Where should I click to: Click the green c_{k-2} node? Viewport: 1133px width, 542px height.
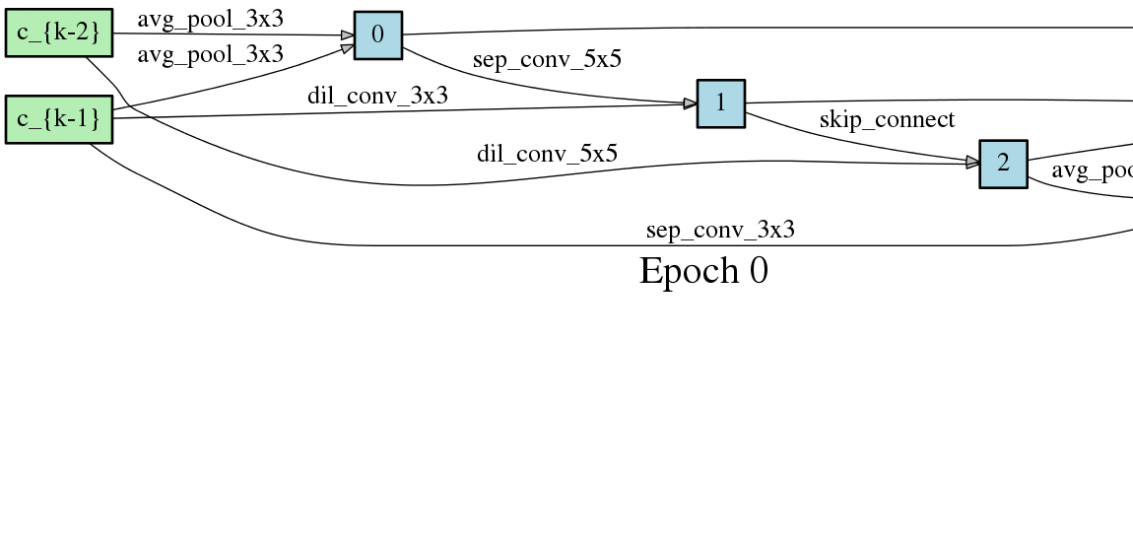tap(59, 34)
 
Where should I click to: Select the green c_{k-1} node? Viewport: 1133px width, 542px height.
tap(59, 119)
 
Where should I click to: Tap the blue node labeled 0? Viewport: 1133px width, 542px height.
tap(378, 35)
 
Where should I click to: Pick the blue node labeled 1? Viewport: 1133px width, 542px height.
tap(721, 103)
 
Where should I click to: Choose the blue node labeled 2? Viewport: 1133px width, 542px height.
tap(1003, 164)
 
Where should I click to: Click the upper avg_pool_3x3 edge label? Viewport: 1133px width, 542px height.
tap(210, 19)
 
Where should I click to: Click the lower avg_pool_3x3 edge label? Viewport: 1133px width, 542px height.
tap(210, 54)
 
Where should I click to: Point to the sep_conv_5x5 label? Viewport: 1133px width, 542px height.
tap(547, 59)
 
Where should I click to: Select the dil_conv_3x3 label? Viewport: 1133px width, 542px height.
tap(377, 96)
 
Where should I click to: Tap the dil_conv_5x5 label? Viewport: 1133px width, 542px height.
tap(547, 154)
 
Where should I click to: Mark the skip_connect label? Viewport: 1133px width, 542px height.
tap(887, 120)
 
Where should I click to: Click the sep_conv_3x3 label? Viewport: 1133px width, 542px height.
tap(720, 231)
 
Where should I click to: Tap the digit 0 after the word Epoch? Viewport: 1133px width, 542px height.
tap(758, 271)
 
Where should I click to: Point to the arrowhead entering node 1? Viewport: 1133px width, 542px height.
tap(691, 103)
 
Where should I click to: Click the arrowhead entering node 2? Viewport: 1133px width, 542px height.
tap(972, 163)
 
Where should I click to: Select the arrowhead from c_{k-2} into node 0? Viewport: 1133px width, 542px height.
tap(348, 35)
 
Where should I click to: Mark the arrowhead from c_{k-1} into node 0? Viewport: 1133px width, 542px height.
tap(348, 44)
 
